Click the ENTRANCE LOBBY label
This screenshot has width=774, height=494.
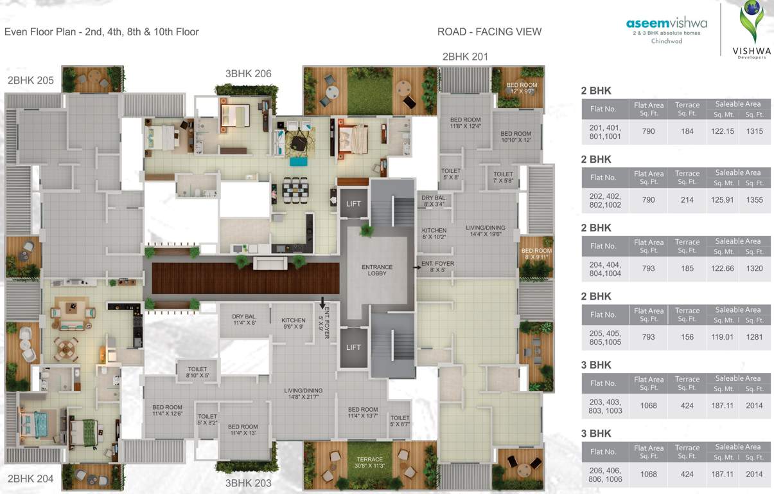click(x=377, y=271)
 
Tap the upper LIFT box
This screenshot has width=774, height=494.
click(x=353, y=204)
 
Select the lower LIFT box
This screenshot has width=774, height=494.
click(x=353, y=347)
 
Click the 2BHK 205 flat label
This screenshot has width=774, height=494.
click(x=31, y=80)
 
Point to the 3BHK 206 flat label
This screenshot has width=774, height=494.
click(x=248, y=73)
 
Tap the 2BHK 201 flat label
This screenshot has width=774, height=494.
click(x=465, y=57)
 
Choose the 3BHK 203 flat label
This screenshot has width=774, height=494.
click(x=249, y=483)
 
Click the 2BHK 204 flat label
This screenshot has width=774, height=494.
click(x=31, y=479)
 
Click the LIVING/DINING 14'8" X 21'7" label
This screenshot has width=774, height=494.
click(x=304, y=394)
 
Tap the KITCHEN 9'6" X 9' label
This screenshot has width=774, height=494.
click(x=293, y=324)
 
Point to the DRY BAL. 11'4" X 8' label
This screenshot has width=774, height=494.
click(x=244, y=319)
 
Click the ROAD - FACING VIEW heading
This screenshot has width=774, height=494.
click(x=489, y=32)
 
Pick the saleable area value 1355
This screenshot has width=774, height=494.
click(x=754, y=200)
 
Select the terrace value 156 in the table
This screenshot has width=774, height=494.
click(x=687, y=337)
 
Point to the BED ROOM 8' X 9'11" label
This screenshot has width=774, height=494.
click(x=536, y=254)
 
